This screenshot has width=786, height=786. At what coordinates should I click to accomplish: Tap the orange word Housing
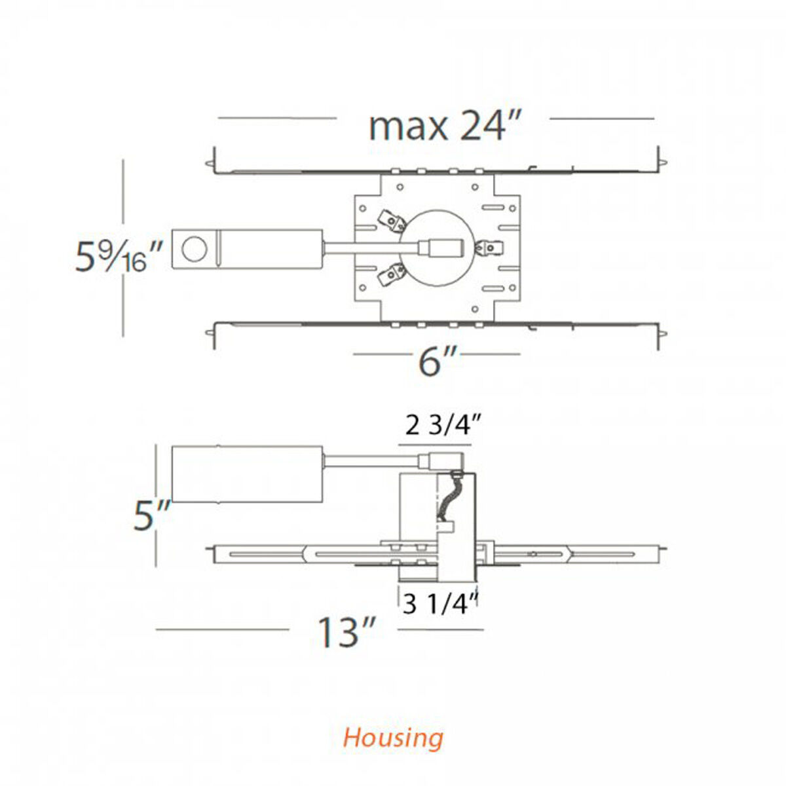point(393,738)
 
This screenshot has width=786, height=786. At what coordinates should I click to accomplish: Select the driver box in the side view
point(247,474)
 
